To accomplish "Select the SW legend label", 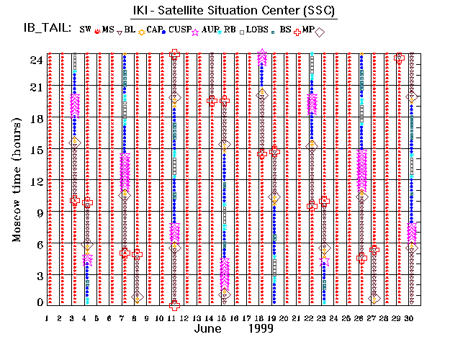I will (86, 30).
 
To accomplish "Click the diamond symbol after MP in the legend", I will (319, 31).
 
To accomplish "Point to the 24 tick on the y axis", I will (35, 60).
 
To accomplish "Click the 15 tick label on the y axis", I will (35, 150).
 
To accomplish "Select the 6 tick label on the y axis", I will (37, 245).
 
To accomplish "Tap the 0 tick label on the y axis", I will (37, 302).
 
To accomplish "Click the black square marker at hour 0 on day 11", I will (174, 305).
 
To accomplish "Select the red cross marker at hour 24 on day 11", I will (174, 53).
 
